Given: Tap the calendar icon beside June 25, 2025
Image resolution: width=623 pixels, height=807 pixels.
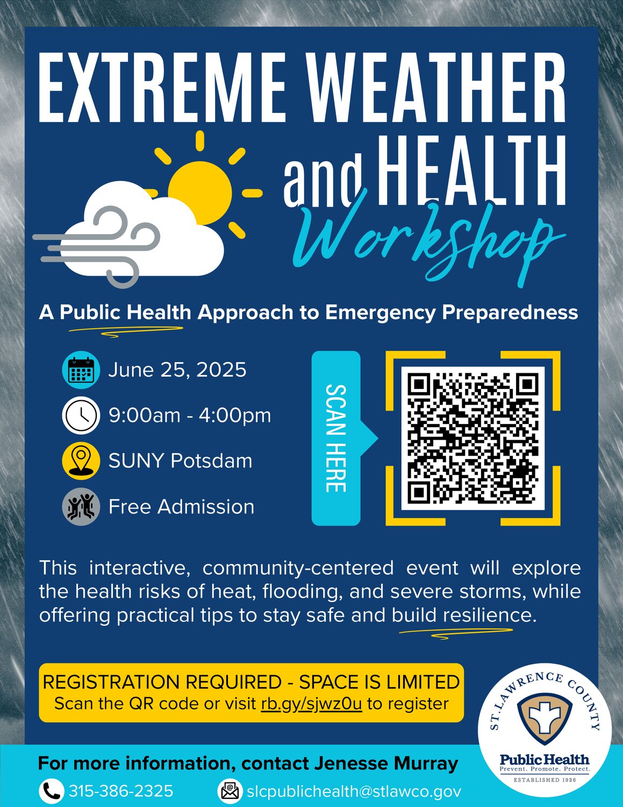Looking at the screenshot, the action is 81,370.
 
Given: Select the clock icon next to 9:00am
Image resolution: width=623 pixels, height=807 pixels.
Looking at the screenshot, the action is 81,415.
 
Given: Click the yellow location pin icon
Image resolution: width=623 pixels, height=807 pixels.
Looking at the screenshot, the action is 81,461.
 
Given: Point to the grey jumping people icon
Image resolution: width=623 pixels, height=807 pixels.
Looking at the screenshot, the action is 81,507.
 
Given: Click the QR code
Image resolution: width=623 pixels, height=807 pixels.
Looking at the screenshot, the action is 473,438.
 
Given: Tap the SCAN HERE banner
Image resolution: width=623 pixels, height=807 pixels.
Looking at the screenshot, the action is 336,438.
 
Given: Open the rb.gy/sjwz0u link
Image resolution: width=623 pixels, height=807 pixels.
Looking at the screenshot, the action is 311,704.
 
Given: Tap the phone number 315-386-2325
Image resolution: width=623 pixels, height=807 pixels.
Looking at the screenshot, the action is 121,791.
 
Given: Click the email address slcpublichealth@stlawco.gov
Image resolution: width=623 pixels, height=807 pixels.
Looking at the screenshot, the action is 354,791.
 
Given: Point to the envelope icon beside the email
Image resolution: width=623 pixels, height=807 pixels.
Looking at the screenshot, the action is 230,791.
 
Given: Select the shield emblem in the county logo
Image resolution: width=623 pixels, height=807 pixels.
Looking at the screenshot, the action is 545,719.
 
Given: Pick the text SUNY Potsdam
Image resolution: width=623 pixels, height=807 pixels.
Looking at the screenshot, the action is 180,461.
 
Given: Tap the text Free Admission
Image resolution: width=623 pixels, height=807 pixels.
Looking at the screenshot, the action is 182,507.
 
